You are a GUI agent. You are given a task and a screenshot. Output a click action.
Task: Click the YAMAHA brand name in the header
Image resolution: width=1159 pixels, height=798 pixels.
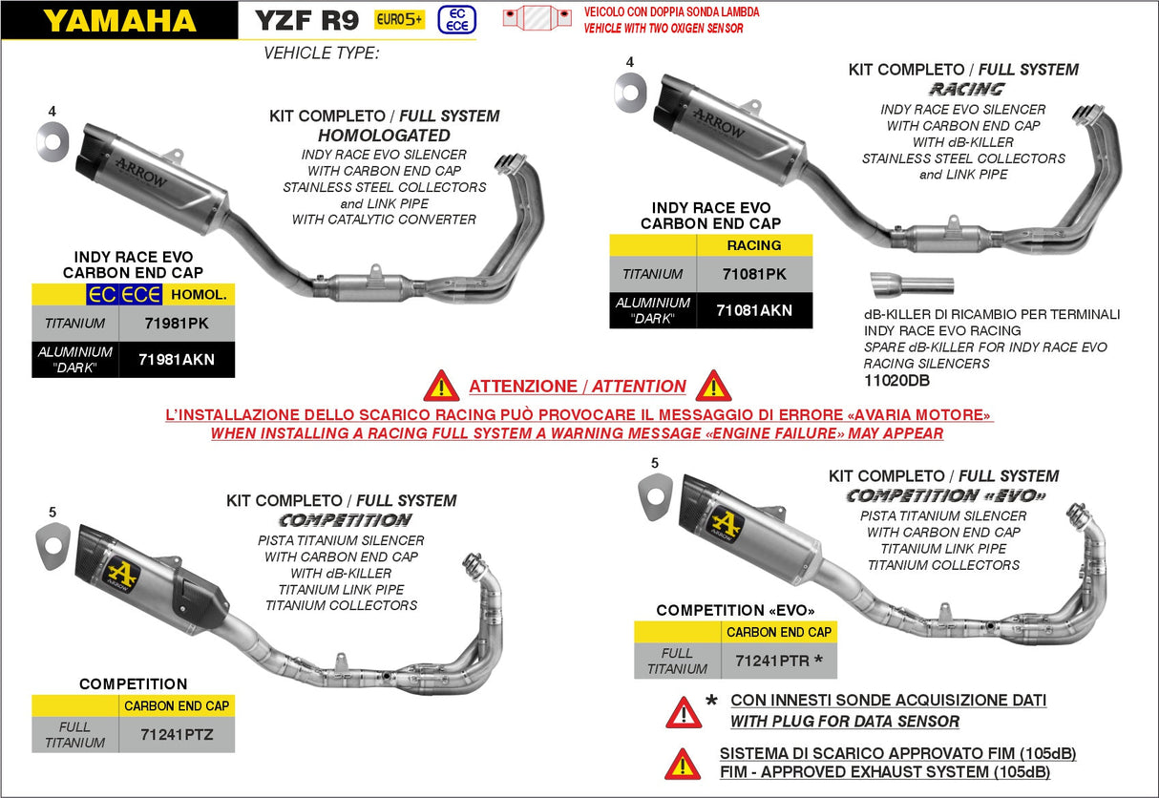(119, 21)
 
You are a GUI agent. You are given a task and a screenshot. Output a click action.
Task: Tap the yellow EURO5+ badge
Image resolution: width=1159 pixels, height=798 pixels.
(399, 19)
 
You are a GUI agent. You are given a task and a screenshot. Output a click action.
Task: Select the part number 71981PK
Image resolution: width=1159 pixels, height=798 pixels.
(176, 324)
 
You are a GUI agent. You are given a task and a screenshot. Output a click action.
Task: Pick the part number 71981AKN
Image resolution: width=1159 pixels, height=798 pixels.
(176, 360)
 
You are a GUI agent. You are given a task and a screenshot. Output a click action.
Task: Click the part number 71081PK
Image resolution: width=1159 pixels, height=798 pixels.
(754, 274)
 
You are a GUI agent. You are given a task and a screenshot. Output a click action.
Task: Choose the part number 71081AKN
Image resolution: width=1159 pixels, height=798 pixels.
(754, 310)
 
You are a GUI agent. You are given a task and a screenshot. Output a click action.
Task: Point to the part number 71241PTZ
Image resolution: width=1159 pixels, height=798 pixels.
(176, 734)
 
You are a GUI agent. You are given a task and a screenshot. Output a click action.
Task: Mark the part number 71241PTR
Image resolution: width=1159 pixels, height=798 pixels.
(772, 661)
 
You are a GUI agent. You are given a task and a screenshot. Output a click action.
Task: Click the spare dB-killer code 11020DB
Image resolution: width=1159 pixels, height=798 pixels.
(896, 381)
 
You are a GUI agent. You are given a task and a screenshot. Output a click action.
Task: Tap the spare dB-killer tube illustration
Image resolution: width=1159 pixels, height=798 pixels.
(912, 285)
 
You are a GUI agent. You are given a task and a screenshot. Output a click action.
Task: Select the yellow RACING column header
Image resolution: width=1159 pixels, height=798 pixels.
(754, 245)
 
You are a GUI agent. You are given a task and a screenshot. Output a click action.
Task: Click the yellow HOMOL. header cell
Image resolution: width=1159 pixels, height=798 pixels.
(199, 295)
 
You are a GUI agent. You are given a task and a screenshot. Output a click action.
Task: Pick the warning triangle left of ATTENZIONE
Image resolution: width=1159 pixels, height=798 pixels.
(441, 387)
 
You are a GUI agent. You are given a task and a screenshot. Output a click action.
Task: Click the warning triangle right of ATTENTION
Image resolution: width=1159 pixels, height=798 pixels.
(713, 387)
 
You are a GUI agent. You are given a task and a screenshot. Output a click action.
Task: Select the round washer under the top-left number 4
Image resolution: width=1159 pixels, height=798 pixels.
(53, 141)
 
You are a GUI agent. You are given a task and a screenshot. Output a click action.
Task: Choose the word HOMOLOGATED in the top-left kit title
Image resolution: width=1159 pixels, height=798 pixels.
(384, 136)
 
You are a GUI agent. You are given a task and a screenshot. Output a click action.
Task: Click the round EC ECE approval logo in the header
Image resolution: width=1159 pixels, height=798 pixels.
(456, 19)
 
